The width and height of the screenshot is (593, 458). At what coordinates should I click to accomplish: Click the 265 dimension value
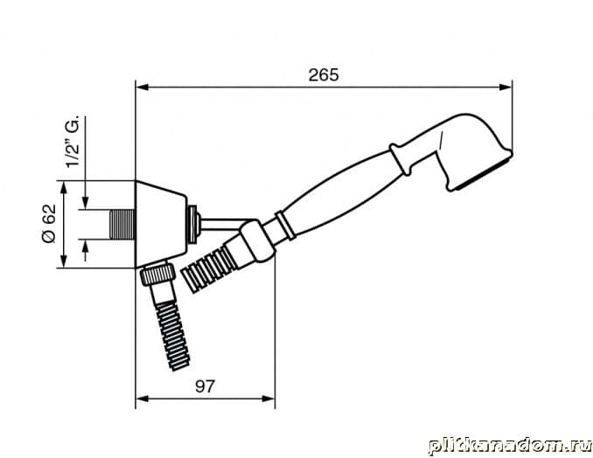324,75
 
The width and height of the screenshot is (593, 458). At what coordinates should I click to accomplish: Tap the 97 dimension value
205,386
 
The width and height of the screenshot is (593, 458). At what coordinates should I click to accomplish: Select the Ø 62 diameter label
49,224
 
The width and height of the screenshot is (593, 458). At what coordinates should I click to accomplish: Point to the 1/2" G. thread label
73,141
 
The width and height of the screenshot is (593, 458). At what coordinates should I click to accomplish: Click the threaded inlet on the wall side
122,225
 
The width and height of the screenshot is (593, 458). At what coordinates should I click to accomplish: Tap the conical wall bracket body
161,225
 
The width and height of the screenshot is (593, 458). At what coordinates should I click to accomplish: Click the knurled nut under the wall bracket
157,274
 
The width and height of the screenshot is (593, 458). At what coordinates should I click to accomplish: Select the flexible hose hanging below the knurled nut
171,335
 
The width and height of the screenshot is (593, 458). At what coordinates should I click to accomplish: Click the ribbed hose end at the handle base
207,268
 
